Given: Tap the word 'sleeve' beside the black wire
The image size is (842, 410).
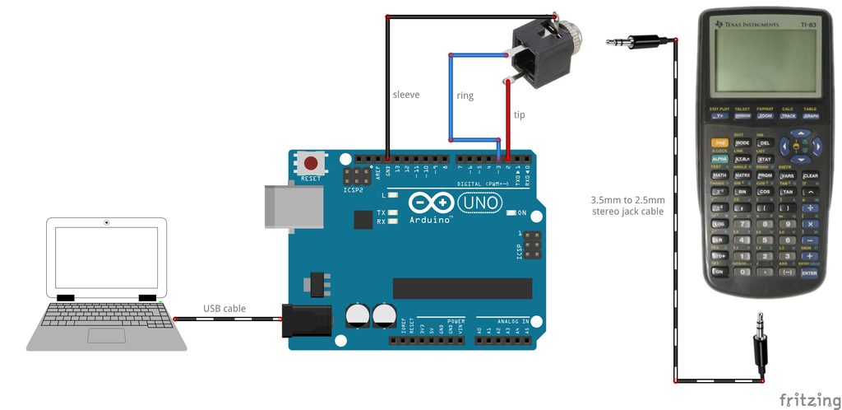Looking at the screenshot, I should point(406,95).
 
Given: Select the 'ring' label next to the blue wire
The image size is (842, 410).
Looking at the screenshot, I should point(465,96).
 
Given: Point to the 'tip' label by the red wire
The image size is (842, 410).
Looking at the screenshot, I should point(519,114).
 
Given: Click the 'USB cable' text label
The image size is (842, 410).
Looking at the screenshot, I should point(224,309).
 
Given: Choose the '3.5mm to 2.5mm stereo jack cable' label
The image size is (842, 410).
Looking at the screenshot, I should point(629,206).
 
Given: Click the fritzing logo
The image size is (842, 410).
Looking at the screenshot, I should point(809,399).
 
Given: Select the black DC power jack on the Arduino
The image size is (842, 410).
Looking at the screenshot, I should point(305,319).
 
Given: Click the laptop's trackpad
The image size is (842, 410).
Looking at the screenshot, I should point(107,335).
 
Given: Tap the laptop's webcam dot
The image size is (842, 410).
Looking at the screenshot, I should point(107,222).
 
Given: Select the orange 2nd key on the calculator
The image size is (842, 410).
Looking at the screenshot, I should point(719,142).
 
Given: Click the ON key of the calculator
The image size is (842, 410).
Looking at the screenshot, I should point(719,272).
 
